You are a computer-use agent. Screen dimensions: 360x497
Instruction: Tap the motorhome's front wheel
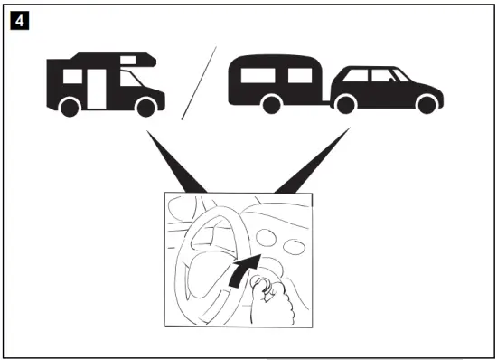pyautogui.click(x=144, y=108)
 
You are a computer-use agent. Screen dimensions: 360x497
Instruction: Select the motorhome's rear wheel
pyautogui.click(x=68, y=108)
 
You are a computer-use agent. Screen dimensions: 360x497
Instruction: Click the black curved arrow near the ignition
pyautogui.click(x=243, y=269)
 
